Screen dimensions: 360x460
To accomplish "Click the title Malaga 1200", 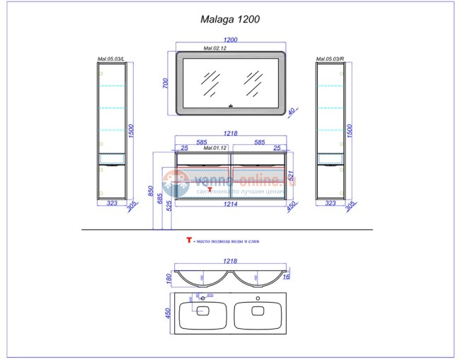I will tap(231, 21).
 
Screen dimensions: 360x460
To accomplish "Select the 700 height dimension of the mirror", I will tap(166, 83).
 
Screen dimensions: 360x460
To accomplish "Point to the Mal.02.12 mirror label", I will tap(214, 50).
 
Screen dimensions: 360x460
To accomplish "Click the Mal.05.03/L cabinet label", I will tap(110, 59).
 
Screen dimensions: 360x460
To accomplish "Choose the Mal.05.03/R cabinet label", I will tap(330, 59).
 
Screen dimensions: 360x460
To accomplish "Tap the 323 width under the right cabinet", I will tap(330, 203).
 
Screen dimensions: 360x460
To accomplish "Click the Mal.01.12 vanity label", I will tap(214, 149).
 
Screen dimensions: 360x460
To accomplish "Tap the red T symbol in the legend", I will tap(189, 241).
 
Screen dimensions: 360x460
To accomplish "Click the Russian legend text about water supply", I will tap(229, 242).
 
